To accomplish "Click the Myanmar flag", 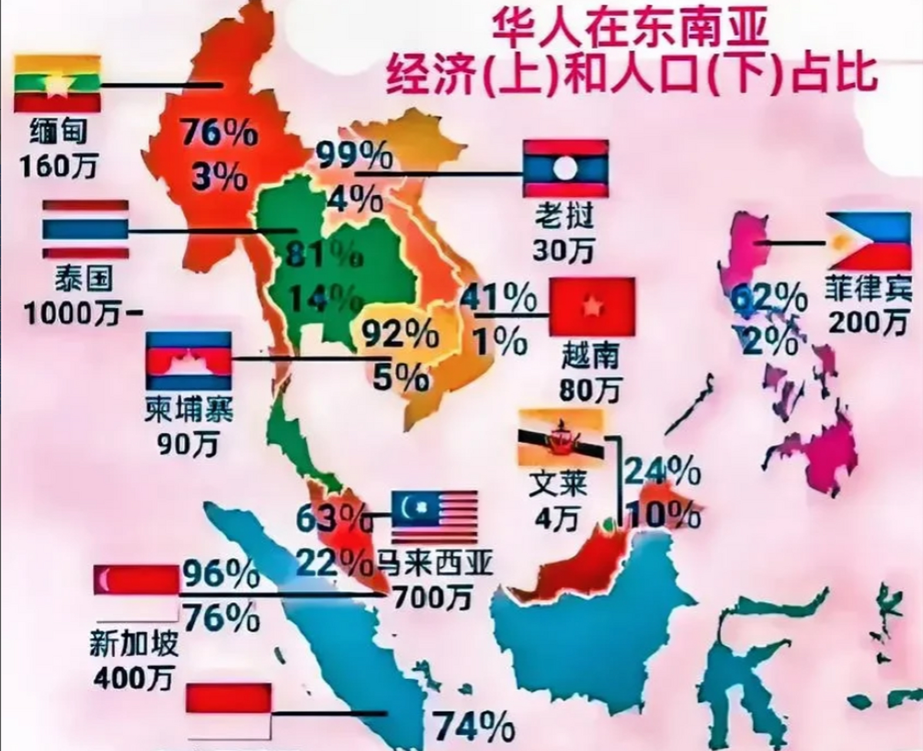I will [57, 83].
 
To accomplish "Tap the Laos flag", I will [565, 168].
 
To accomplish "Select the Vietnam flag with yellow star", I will [592, 306].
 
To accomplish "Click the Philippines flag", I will [868, 242].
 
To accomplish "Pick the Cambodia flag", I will [188, 360].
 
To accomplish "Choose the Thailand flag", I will [86, 230].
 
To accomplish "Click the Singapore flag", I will [136, 593].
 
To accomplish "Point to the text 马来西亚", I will [434, 562].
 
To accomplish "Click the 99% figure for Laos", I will [354, 155].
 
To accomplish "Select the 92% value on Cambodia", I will [399, 335].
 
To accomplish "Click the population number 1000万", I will [75, 315].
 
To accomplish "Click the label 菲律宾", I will [868, 289].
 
